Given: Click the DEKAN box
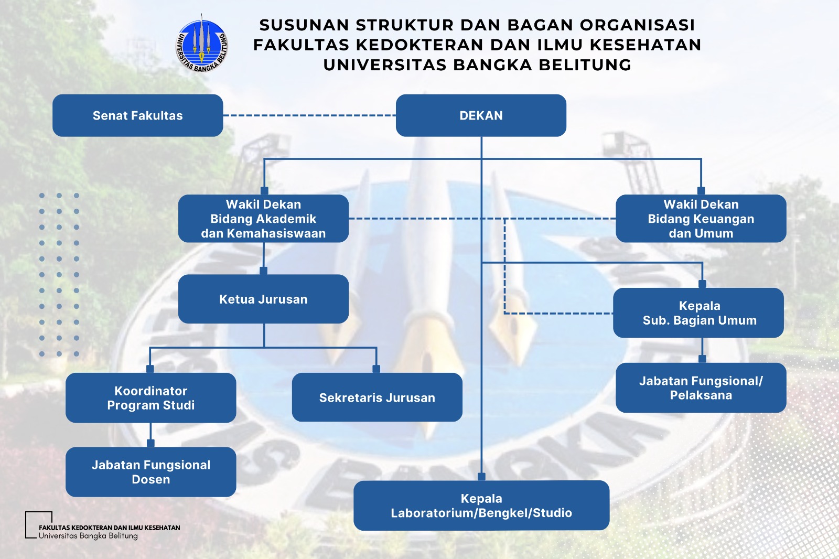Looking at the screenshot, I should pos(481,115).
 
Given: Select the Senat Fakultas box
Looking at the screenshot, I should pos(137,115).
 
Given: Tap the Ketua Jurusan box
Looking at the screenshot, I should pos(263,299).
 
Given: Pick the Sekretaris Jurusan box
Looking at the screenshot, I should pos(377,397).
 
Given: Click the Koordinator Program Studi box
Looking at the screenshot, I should pos(150,397).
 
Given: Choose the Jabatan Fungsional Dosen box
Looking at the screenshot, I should pos(150,472).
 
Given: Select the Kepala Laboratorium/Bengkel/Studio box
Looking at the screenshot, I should pos(481,506).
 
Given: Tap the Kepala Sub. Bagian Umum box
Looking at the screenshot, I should pos(698,313).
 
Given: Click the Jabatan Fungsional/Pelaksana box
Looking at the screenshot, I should pos(701,388).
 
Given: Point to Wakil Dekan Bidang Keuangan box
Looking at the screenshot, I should pos(701,219).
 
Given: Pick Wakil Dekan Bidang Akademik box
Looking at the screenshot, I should pos(263,219).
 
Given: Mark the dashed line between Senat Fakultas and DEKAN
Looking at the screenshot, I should pos(309,115).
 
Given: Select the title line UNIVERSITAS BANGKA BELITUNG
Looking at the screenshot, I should pos(477,64).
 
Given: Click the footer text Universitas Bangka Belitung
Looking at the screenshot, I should pos(88,536).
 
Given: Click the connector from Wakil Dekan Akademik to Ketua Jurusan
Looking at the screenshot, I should pos(263,257).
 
